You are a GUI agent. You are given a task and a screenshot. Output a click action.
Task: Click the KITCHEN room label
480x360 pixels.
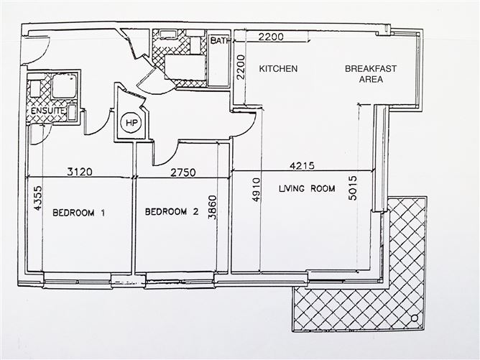278,69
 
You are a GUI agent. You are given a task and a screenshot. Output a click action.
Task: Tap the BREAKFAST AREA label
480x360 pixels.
371,74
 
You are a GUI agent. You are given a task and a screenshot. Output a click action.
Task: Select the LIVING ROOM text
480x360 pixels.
307,190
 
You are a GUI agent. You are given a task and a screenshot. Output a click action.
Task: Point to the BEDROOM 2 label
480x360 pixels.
171,212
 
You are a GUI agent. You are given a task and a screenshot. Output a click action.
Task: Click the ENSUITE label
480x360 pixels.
45,112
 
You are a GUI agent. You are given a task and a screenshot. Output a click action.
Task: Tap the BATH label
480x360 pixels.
220,41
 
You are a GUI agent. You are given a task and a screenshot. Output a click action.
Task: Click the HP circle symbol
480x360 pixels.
131,123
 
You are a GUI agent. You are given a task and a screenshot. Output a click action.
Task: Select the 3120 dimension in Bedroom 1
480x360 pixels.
82,172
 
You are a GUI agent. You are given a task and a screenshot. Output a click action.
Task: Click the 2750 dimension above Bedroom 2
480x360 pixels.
184,172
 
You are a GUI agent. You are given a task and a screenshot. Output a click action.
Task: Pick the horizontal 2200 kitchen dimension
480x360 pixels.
272,37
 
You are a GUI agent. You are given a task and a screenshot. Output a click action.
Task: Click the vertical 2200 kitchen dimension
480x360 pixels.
242,68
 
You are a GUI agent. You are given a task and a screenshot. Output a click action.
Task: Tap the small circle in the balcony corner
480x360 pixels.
414,318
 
